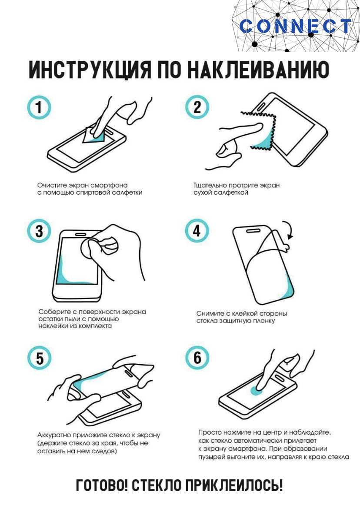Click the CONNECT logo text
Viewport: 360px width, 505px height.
[x=295, y=26]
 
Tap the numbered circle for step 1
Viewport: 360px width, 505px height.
[x=39, y=107]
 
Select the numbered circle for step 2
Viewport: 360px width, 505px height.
[x=197, y=107]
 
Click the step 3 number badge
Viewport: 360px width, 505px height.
[x=39, y=231]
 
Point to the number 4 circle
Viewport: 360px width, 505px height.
[x=197, y=231]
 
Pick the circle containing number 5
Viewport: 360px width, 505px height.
[x=39, y=358]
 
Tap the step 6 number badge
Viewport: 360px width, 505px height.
[x=197, y=358]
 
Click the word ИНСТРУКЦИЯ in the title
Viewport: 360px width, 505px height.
[x=90, y=70]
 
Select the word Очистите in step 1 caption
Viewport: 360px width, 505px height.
[x=52, y=185]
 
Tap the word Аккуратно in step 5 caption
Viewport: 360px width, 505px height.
[x=54, y=435]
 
